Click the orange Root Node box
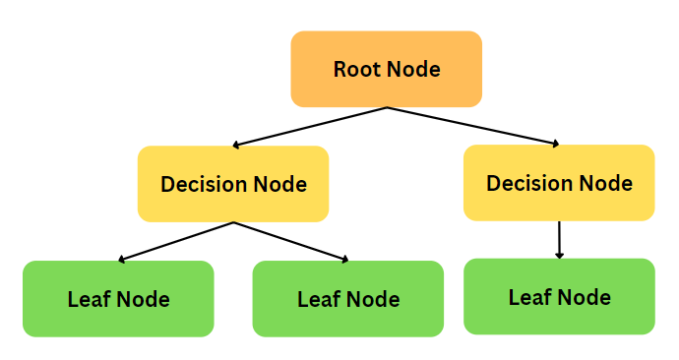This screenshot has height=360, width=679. click(x=386, y=69)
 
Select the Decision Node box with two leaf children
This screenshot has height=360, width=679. click(x=233, y=184)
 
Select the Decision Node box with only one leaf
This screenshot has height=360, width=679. click(x=559, y=183)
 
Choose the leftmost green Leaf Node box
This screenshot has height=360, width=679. click(x=118, y=299)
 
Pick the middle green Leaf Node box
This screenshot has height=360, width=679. click(x=348, y=299)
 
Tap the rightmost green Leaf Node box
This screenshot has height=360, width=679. click(x=559, y=297)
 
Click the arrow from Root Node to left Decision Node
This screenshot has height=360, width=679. click(x=309, y=127)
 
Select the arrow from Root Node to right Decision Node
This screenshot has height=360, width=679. click(x=472, y=126)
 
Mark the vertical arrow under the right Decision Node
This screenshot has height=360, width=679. click(x=559, y=238)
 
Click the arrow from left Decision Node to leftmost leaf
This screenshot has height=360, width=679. click(x=177, y=242)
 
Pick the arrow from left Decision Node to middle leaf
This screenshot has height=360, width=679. click(x=290, y=242)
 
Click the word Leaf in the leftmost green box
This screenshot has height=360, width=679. click(x=85, y=300)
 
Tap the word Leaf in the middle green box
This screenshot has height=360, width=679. click(x=315, y=300)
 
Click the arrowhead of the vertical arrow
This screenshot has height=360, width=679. click(x=559, y=254)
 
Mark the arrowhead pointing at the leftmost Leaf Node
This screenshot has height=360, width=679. click(x=122, y=260)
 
